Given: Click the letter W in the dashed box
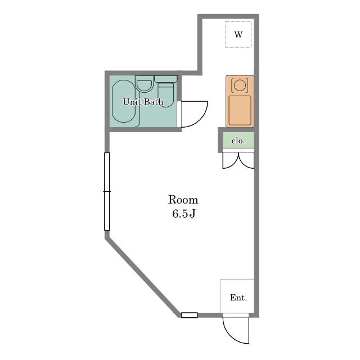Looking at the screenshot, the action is tap(238, 35).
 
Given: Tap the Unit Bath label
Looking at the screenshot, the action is tap(143, 102).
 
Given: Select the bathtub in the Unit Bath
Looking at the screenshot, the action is tap(124, 101).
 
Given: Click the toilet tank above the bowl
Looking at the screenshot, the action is tap(166, 79).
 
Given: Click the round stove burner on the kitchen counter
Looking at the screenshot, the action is tap(240, 85).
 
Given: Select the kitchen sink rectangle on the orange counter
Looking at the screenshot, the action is tap(240, 110).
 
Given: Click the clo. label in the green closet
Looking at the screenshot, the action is tap(238, 141).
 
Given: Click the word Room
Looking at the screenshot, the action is tap(183, 200).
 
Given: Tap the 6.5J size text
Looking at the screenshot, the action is tap(184, 214).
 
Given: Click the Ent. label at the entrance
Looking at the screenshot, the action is tap(238, 298).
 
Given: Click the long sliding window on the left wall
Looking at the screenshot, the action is tap(107, 191).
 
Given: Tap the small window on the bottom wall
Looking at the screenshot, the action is tap(190, 315).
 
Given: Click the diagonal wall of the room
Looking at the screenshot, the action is tap(143, 277).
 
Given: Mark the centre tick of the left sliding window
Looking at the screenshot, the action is tap(107, 191).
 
